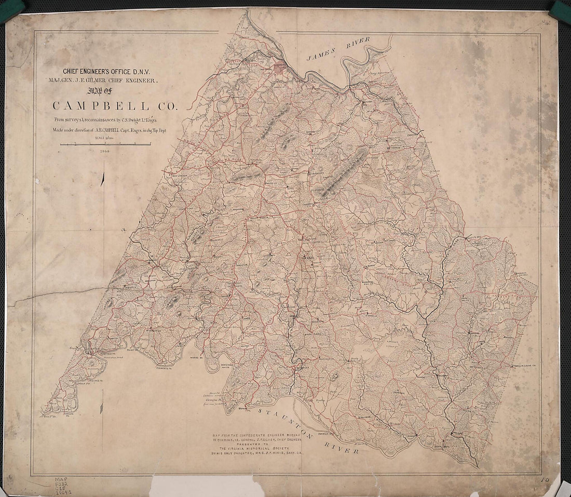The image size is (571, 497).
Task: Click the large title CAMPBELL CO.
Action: click(115, 106)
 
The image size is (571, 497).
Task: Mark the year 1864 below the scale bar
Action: click(106, 151)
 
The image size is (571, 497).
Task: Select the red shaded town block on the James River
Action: click(280, 66)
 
